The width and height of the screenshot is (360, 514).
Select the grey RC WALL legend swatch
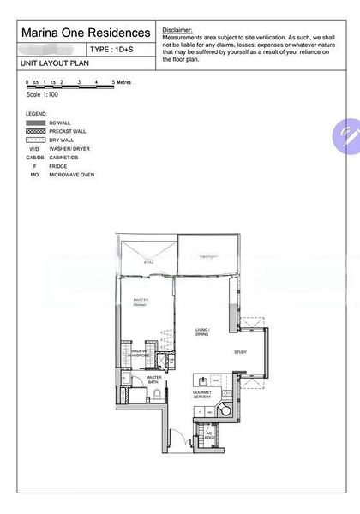click(36, 123)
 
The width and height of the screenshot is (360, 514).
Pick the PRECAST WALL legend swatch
click(36, 132)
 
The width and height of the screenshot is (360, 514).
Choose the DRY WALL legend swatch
click(36, 140)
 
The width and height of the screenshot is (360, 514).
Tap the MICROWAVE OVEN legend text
click(83, 173)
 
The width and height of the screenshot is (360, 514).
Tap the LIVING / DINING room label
click(203, 331)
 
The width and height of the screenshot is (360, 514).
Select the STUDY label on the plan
click(241, 352)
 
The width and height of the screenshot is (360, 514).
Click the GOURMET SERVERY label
click(201, 395)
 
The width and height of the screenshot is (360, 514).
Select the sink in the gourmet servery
click(204, 379)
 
